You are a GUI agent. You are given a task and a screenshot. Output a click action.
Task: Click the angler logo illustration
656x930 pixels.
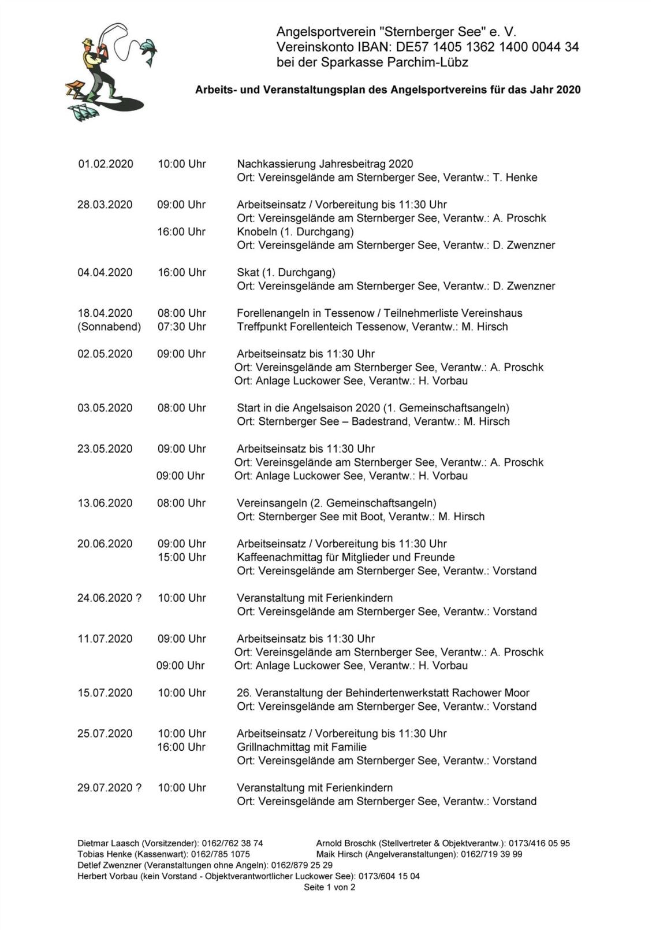click(x=107, y=72)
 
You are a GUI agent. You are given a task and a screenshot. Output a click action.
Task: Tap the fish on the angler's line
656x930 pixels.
click(x=148, y=51)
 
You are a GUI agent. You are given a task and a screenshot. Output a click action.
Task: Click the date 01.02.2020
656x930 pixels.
click(x=105, y=164)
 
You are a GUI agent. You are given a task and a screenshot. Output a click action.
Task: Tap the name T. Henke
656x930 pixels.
click(x=515, y=177)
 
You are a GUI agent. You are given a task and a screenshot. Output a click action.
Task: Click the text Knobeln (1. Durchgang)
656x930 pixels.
click(x=295, y=232)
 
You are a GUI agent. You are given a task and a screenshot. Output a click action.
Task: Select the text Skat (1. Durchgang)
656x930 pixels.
click(x=286, y=272)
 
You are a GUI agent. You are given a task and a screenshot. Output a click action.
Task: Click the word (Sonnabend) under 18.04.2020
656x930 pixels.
click(x=109, y=327)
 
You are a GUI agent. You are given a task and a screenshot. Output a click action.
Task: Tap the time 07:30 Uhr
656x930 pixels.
click(x=181, y=327)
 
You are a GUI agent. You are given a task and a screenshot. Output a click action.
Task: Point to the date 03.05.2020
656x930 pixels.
click(x=105, y=408)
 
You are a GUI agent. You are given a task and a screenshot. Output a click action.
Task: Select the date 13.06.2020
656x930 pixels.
click(x=105, y=503)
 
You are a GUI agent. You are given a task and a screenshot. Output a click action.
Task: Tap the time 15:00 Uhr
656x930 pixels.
click(x=181, y=557)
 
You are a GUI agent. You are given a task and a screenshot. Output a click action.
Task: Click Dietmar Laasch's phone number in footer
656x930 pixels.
click(x=232, y=843)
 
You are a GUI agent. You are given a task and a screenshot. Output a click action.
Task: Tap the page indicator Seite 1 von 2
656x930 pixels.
click(x=329, y=887)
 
